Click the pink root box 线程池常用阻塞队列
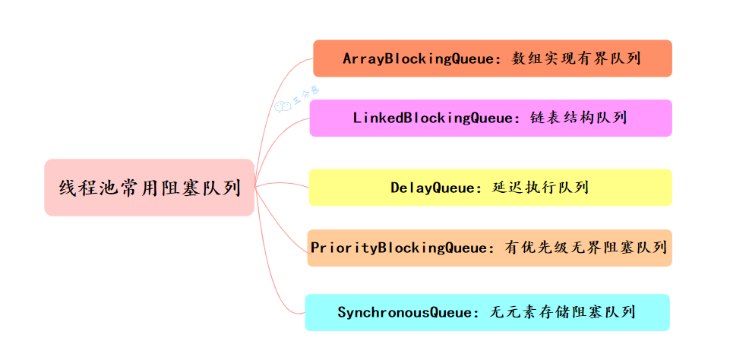(x=149, y=187)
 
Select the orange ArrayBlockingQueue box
(x=492, y=58)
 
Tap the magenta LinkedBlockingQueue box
(x=491, y=118)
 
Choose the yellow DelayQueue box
(x=490, y=187)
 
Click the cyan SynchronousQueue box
(x=487, y=312)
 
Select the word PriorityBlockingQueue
(x=399, y=248)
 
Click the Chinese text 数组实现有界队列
(x=576, y=58)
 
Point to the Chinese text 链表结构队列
(x=579, y=118)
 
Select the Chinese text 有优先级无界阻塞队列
(x=586, y=248)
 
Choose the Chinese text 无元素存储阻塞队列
(x=563, y=312)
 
